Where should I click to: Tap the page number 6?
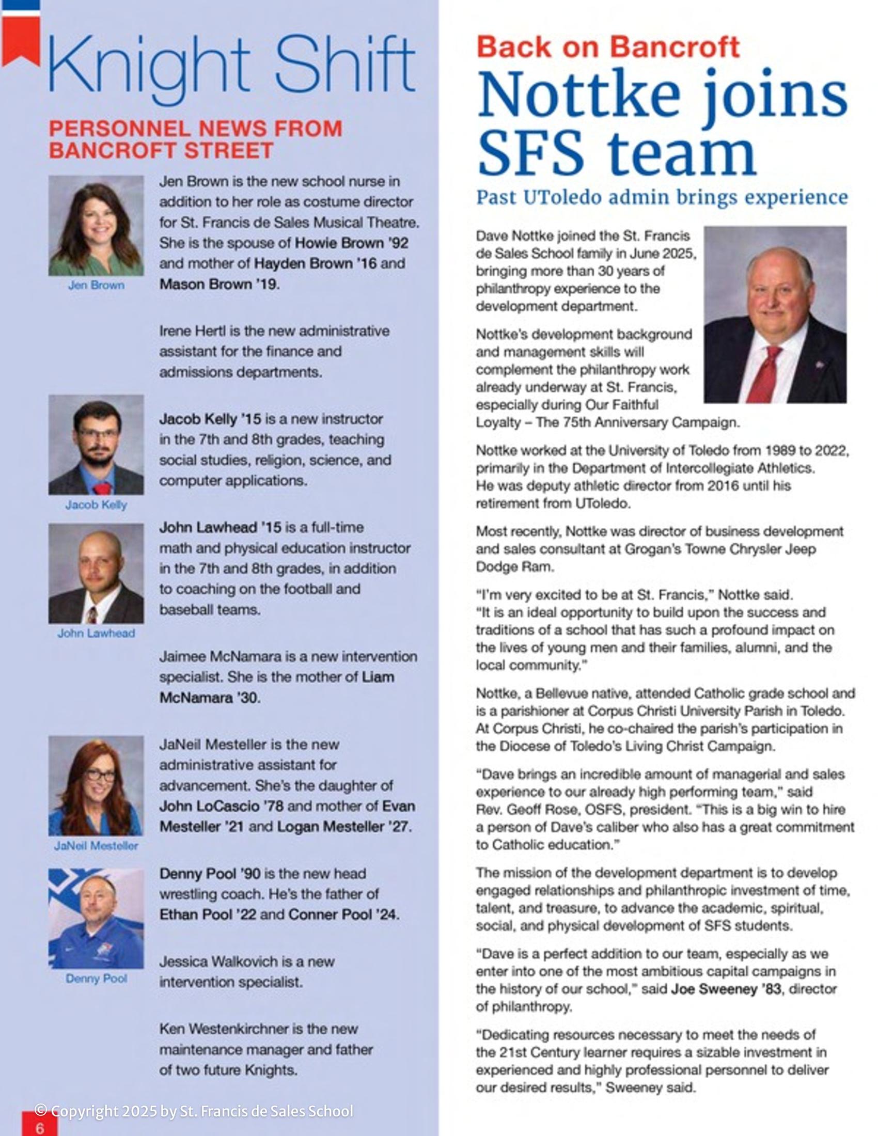tap(40, 1127)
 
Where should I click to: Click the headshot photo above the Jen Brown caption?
tap(96, 225)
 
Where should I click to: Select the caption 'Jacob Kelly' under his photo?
tap(96, 504)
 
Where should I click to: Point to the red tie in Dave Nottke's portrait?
tap(764, 374)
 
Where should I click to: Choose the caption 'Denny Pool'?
tap(96, 979)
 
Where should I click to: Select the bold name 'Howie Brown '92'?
tap(352, 243)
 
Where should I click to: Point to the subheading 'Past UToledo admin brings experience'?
tap(662, 198)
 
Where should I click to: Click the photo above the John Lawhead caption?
tap(96, 573)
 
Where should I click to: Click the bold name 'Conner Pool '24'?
tap(343, 914)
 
